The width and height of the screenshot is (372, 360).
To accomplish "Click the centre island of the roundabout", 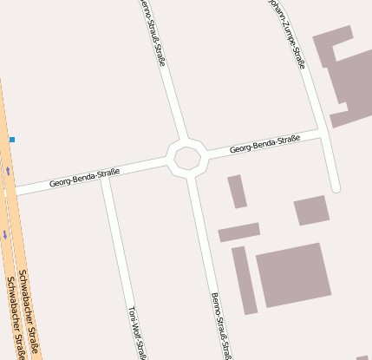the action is (187, 158).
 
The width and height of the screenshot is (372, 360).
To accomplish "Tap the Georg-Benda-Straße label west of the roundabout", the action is (84, 178).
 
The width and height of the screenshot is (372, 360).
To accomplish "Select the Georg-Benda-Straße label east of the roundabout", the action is (264, 144).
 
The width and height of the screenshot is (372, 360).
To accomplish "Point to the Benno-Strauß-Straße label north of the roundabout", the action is (152, 31).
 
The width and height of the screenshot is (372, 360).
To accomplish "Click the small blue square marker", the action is (12, 139).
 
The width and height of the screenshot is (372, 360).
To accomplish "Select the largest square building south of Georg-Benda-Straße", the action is (294, 274).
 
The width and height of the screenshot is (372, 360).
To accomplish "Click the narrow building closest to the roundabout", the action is (237, 192).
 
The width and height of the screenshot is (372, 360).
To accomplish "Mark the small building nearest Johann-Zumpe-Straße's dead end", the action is (311, 210).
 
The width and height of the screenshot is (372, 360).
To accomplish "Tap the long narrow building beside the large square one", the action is (245, 280).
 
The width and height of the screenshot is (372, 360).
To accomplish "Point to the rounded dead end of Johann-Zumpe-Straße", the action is (336, 187).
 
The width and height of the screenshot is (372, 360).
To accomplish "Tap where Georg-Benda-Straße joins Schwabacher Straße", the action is (14, 190).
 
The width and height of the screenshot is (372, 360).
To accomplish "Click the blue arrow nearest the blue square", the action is (9, 170).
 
